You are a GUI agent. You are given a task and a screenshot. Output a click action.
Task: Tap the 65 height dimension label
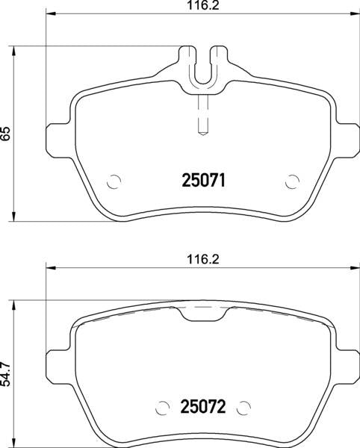[x=7, y=134]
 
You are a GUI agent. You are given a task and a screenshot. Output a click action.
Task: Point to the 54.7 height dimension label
[x=7, y=374]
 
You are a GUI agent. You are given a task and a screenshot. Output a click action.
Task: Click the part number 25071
[x=204, y=180]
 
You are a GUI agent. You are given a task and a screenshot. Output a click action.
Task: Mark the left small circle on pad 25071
[x=114, y=181]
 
